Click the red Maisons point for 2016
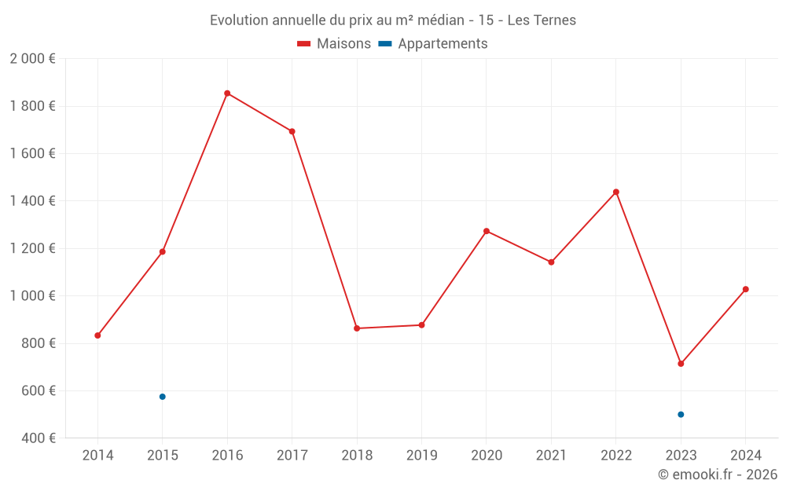pyautogui.click(x=227, y=93)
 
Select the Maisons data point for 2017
pyautogui.click(x=292, y=131)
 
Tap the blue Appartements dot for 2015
pyautogui.click(x=163, y=397)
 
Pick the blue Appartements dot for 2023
pyautogui.click(x=681, y=414)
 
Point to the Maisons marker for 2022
pyautogui.click(x=616, y=192)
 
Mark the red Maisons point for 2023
pyautogui.click(x=681, y=364)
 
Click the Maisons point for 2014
pyautogui.click(x=97, y=335)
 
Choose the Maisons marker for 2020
pyautogui.click(x=487, y=231)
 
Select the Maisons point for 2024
pyautogui.click(x=746, y=289)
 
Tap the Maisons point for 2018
pyautogui.click(x=357, y=328)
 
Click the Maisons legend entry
pyautogui.click(x=334, y=44)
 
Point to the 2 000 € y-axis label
pyautogui.click(x=32, y=59)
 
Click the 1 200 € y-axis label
pyautogui.click(x=32, y=248)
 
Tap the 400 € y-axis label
pyautogui.click(x=37, y=438)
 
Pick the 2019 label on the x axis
pyautogui.click(x=421, y=456)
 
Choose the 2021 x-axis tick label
pyautogui.click(x=551, y=456)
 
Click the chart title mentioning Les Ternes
pyautogui.click(x=393, y=20)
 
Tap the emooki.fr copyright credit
pyautogui.click(x=718, y=475)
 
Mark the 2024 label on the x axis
pyautogui.click(x=746, y=456)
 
